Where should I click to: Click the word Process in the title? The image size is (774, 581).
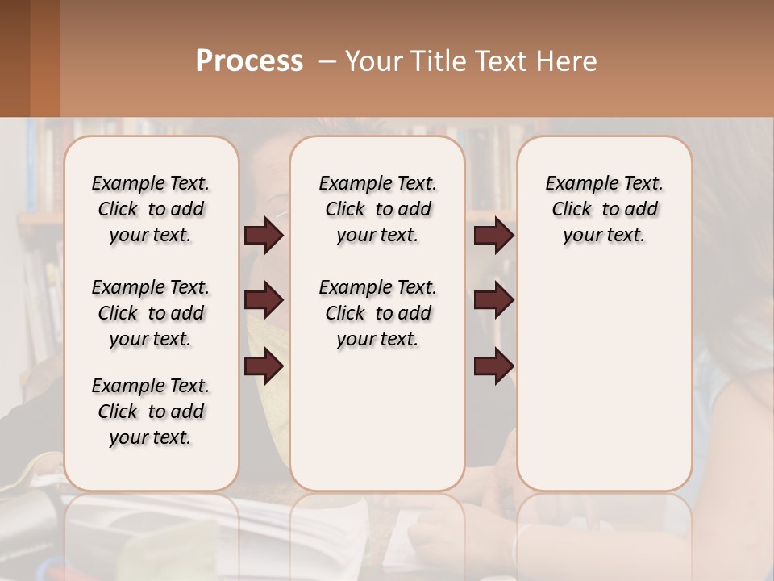point(249,61)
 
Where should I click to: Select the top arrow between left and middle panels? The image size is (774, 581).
point(264,236)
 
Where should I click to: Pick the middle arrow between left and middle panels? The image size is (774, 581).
point(264,300)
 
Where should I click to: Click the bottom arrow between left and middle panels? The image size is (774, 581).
point(264,366)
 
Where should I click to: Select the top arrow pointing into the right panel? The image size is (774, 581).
point(493,236)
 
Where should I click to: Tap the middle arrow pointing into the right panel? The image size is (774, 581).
point(493,300)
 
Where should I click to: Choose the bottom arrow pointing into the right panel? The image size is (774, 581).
point(493,366)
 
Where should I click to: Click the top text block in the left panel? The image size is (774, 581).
point(151,209)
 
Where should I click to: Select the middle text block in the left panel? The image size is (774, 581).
point(151,313)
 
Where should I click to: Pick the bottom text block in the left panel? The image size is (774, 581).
point(151,412)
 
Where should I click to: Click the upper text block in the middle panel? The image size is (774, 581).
point(377,209)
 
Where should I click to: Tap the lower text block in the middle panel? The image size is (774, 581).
point(377,313)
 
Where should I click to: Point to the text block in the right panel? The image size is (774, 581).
point(604,209)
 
